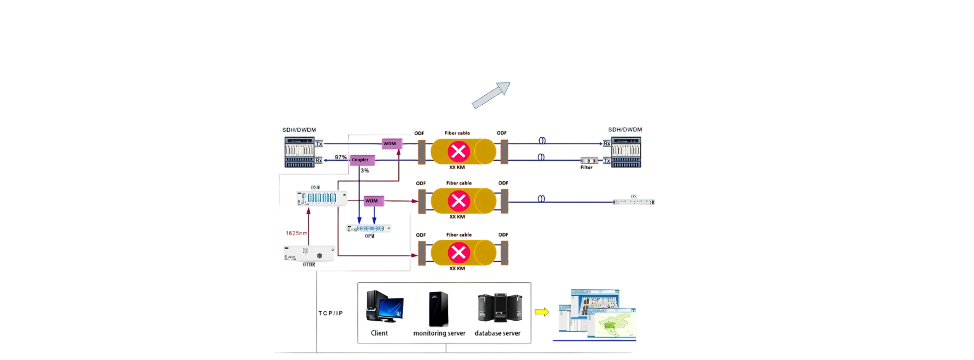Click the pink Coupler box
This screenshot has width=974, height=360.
pos(360,160)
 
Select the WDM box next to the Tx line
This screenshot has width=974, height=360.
pos(390,144)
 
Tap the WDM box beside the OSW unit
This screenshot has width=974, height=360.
pos(371,200)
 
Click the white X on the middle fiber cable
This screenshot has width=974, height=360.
pos(458,201)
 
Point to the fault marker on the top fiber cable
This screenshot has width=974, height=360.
pos(458,152)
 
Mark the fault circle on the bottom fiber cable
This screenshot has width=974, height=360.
pos(458,252)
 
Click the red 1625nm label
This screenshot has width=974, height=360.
pos(296,233)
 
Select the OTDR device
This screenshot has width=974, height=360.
pos(308,253)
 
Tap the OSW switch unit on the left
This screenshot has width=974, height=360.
pos(321,198)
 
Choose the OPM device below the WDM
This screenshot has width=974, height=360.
pos(370,228)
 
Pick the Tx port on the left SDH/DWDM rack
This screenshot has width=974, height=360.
pos(319,144)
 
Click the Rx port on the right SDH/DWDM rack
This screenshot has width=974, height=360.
pos(607,143)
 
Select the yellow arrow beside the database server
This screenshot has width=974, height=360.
pos(542,312)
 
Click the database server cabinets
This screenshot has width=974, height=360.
pos(499,308)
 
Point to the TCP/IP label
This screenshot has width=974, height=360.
pos(331,314)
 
